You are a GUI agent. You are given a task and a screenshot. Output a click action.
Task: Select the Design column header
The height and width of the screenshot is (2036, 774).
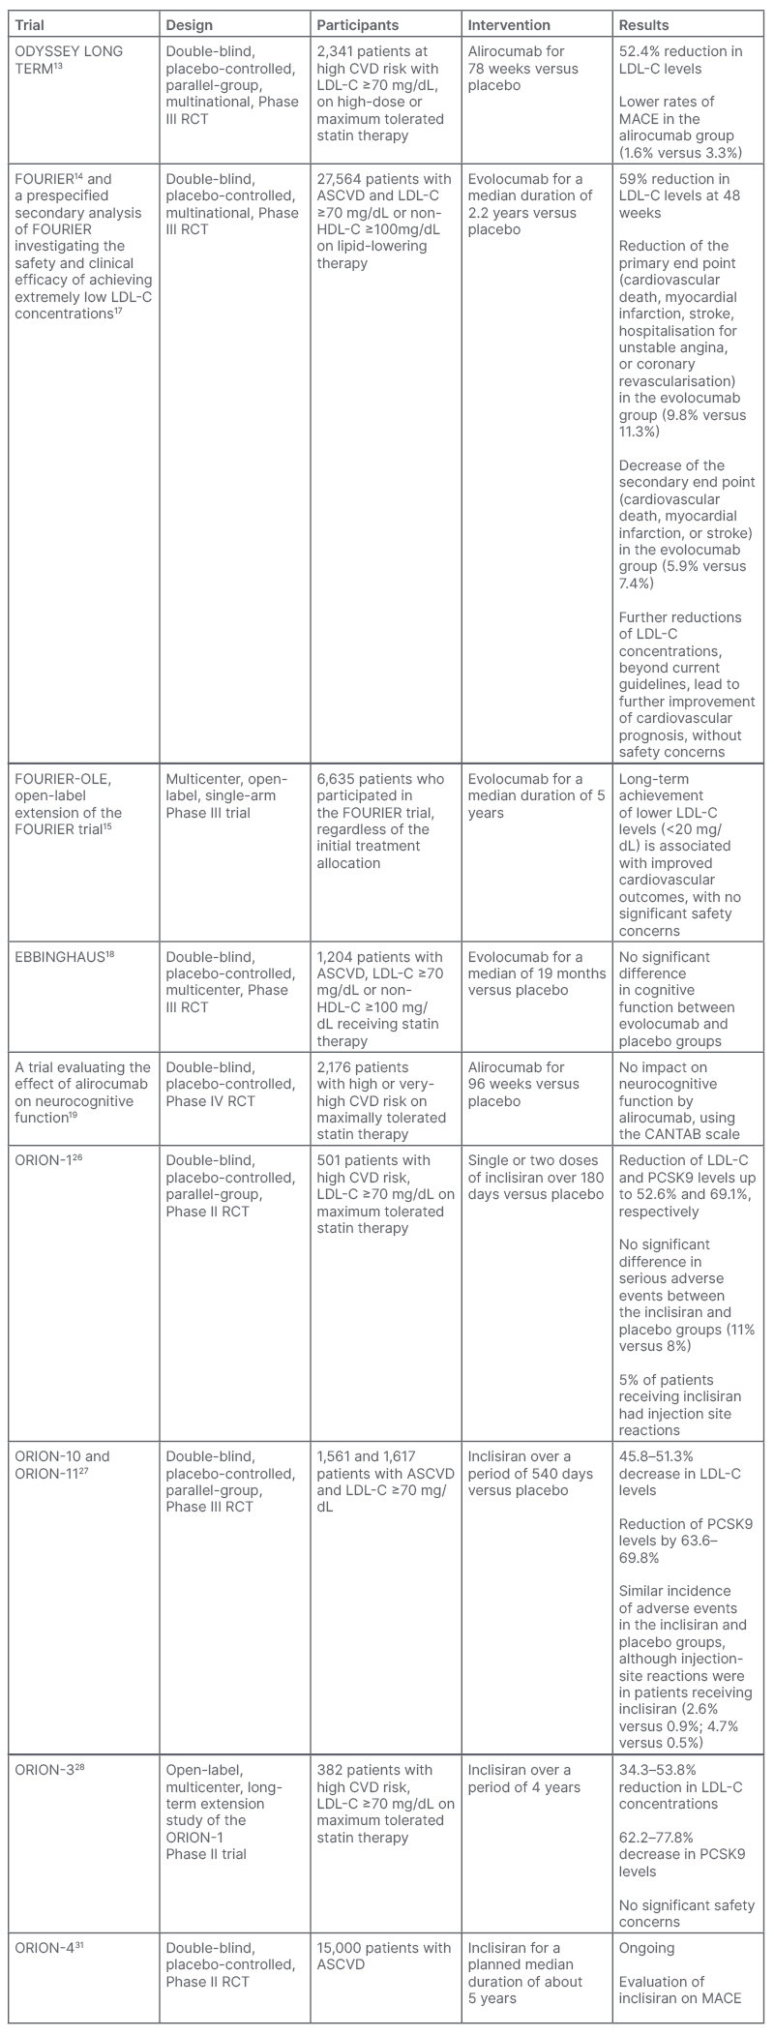point(190,24)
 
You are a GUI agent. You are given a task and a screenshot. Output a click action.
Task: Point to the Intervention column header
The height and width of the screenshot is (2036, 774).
point(509,24)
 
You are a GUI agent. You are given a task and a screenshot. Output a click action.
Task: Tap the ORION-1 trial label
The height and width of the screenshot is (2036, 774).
point(47,1160)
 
